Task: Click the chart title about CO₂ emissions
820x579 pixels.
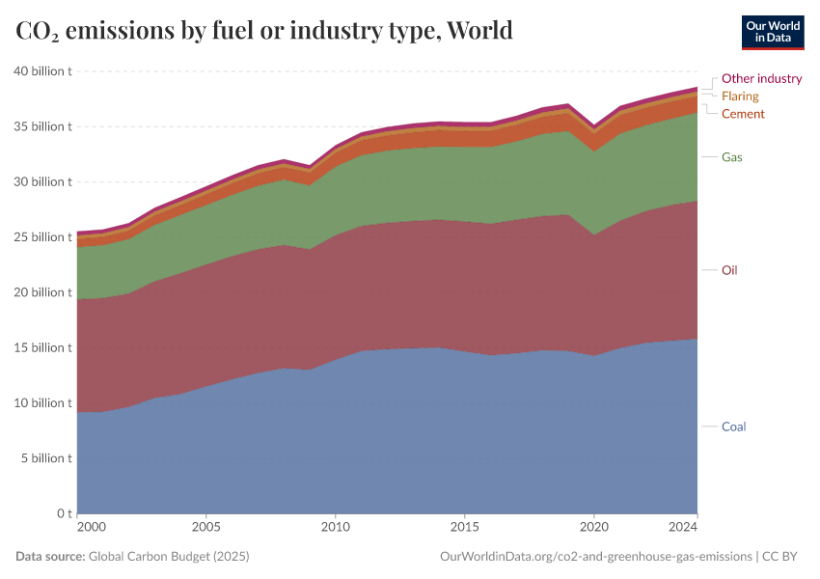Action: [x=264, y=31]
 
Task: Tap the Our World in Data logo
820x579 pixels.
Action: [x=772, y=32]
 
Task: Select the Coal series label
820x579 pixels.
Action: [x=733, y=427]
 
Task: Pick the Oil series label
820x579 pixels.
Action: [x=729, y=270]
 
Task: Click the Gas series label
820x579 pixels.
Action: [x=731, y=156]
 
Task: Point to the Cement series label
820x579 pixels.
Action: [x=743, y=114]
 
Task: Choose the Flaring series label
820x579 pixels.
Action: [x=740, y=96]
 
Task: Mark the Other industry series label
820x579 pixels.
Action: [x=761, y=79]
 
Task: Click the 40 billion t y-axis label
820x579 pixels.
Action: [x=43, y=71]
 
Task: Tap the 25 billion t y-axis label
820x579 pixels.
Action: [x=43, y=237]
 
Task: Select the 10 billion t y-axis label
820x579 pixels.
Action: [x=43, y=403]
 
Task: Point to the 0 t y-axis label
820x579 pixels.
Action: [x=63, y=513]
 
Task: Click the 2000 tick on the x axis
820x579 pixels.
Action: [x=91, y=528]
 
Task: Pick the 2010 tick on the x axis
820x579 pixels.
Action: [x=335, y=528]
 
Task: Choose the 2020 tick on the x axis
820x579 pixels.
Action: [x=594, y=528]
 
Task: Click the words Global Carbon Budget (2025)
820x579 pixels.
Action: [x=168, y=557]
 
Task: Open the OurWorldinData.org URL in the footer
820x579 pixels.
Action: [x=595, y=557]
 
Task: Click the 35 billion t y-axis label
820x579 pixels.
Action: [x=43, y=126]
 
